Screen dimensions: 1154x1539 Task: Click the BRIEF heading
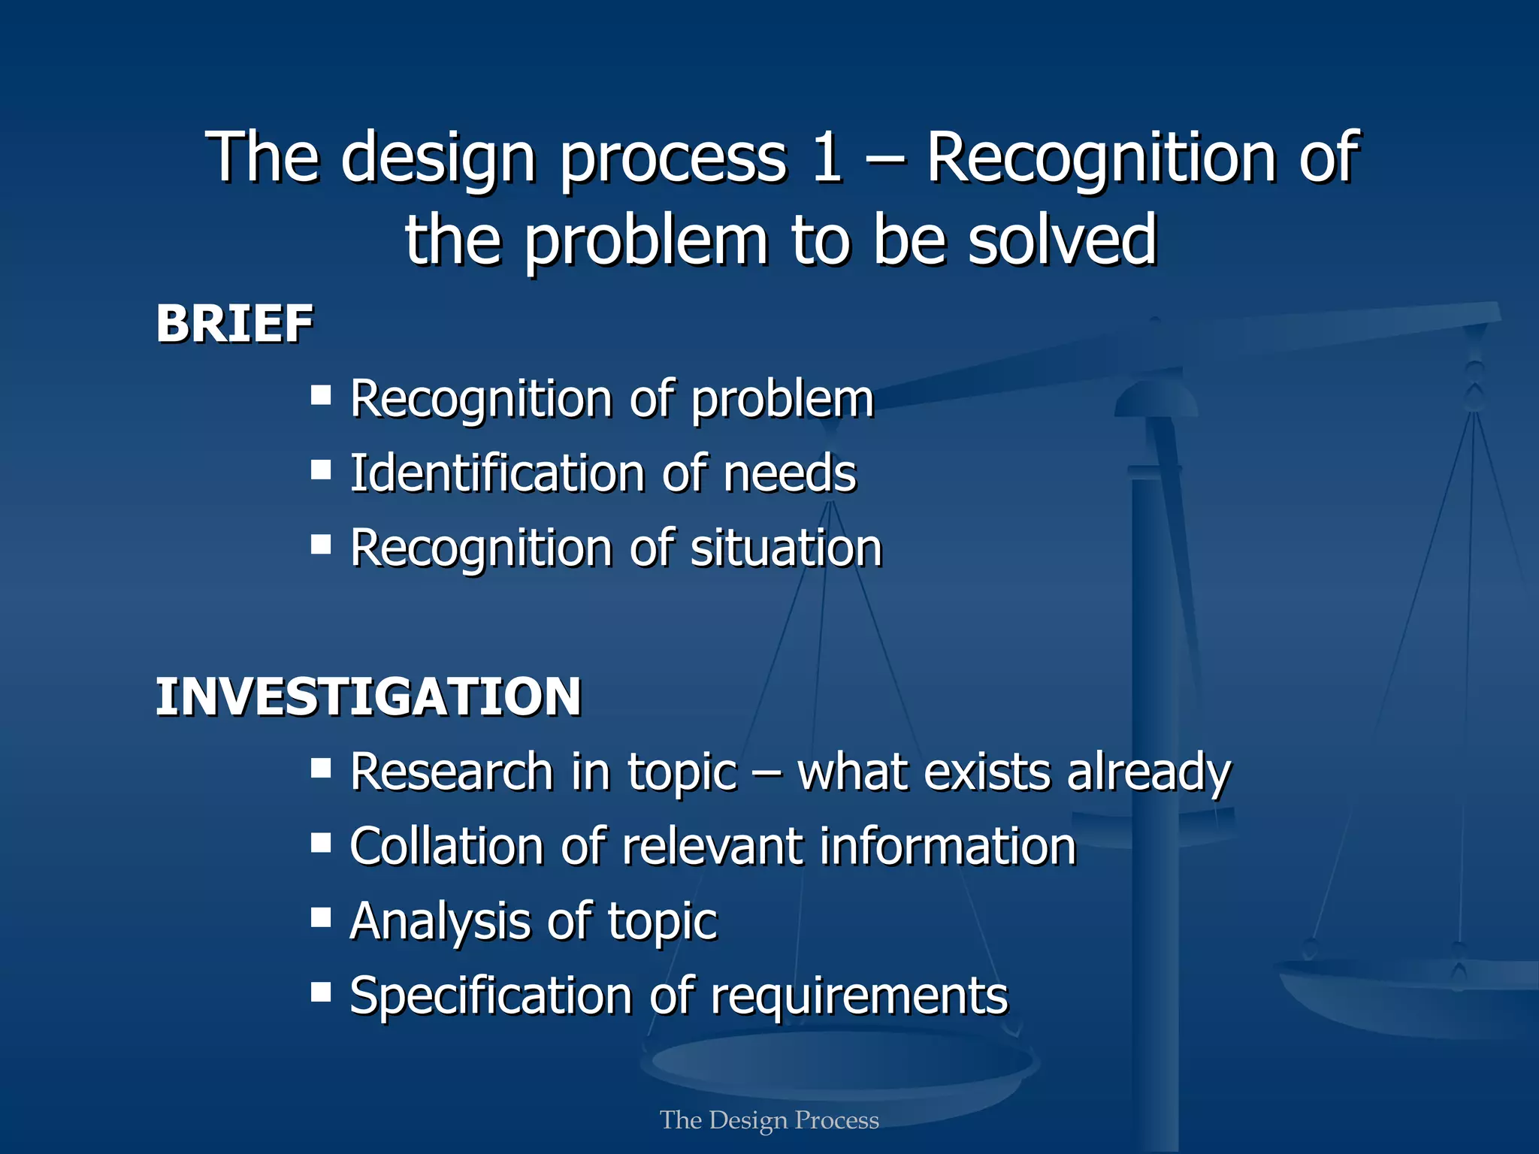[x=234, y=324]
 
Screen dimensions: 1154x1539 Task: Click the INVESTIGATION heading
[x=368, y=696]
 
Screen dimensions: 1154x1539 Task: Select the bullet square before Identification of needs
[x=321, y=470]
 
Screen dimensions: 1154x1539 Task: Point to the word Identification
[x=497, y=473]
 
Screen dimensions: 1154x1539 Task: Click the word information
[x=948, y=846]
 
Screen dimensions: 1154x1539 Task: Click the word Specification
[x=491, y=996]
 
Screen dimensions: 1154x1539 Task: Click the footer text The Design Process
[x=769, y=1120]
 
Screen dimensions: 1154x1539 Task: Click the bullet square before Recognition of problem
[x=321, y=394]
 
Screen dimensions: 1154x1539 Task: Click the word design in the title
[x=438, y=158]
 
